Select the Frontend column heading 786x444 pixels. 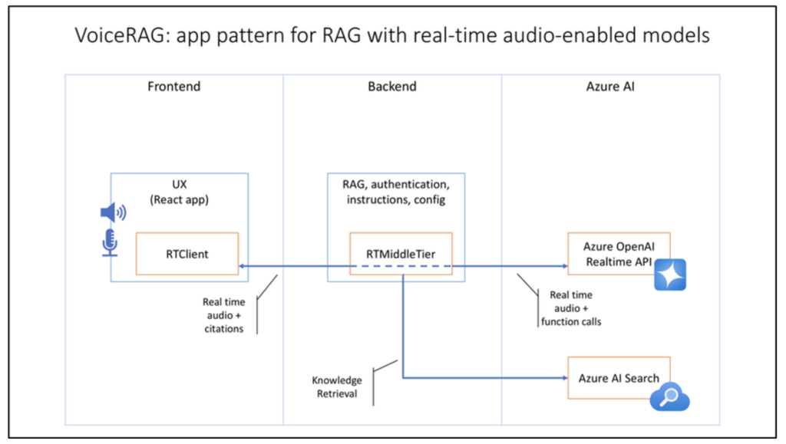click(173, 87)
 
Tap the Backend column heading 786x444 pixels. click(391, 87)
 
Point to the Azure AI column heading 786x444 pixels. click(610, 87)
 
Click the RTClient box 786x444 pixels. click(187, 253)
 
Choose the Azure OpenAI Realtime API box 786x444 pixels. click(618, 253)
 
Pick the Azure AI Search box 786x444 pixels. click(618, 377)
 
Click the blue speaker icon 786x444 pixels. click(114, 212)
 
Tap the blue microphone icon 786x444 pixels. click(110, 242)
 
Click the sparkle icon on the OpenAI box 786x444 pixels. click(669, 275)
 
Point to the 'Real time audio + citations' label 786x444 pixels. click(224, 315)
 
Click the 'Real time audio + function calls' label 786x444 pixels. click(570, 308)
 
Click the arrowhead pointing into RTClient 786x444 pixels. click(243, 267)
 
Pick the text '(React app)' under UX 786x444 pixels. click(178, 201)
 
